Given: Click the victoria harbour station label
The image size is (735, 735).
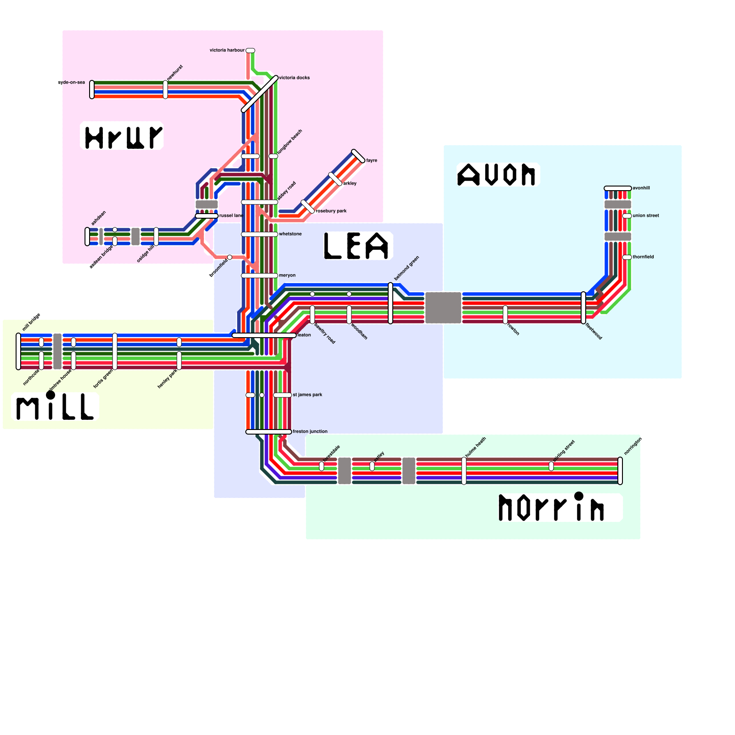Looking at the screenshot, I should [227, 50].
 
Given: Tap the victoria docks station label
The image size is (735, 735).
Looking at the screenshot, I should [294, 78].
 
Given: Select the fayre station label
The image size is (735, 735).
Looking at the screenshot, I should [372, 160].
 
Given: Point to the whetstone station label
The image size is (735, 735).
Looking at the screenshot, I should [290, 234].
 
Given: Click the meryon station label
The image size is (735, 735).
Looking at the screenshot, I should [287, 275].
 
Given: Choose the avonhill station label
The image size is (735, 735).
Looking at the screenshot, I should [641, 188].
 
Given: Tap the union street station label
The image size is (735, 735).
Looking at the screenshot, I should [646, 215].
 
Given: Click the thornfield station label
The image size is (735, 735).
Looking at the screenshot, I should [643, 257].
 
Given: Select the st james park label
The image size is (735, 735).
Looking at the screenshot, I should [307, 395].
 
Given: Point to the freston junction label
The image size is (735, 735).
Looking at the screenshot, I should [310, 431].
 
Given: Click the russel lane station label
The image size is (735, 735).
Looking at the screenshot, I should [231, 215].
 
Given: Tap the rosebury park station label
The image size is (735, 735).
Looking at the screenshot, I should [331, 211].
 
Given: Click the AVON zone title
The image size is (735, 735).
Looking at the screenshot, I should [497, 175].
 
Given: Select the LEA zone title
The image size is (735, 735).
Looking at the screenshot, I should [357, 246].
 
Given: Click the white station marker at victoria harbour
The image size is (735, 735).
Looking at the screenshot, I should [250, 51].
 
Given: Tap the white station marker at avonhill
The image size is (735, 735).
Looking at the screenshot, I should [618, 188].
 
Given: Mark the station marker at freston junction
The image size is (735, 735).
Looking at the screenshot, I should [269, 432].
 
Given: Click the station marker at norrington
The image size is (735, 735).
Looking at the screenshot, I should [620, 471].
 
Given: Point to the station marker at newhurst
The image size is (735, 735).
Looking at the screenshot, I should [165, 90].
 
